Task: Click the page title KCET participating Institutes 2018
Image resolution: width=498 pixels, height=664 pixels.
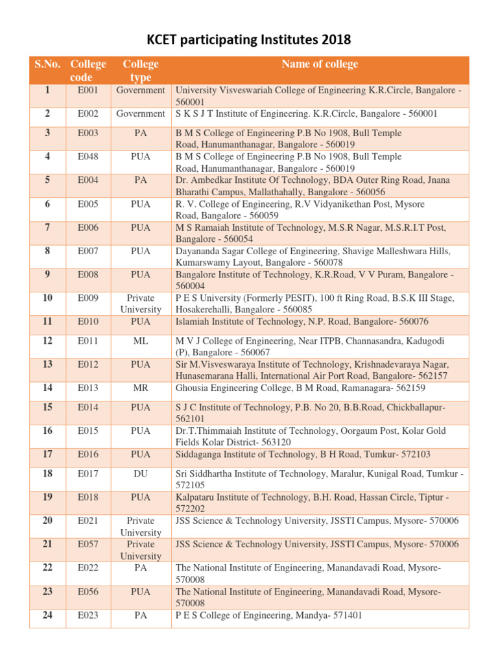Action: [x=249, y=40]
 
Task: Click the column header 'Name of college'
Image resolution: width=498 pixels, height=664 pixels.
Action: [x=319, y=64]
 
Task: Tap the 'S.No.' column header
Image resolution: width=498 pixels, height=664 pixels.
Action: [x=47, y=64]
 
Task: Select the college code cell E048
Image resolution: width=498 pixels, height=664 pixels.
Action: [x=88, y=157]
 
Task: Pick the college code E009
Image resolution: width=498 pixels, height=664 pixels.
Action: [x=88, y=298]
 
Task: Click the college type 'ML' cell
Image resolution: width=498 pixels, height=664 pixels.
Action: [x=141, y=340]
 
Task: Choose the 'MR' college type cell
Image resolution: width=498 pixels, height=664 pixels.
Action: [x=141, y=388]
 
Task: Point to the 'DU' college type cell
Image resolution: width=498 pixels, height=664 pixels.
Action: [x=141, y=473]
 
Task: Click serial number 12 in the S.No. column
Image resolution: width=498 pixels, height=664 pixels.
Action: [x=47, y=340]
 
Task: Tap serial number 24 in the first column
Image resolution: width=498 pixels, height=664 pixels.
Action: [x=47, y=615]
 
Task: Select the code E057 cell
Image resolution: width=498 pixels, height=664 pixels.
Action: [x=88, y=544]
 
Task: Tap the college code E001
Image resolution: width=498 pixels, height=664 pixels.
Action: [x=88, y=90]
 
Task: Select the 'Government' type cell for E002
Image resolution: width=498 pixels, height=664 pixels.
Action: [x=141, y=113]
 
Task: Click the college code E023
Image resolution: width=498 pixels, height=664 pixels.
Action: [x=88, y=615]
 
